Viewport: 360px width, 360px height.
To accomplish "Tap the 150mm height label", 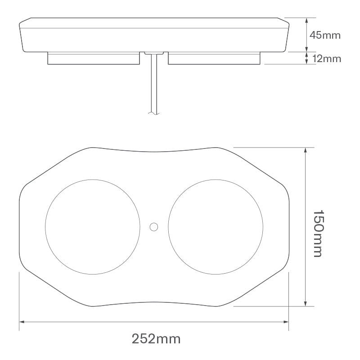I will [318, 233].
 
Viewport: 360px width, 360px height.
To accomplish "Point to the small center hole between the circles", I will [154, 226].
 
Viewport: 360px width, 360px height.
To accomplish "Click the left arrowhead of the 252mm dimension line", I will [22, 322].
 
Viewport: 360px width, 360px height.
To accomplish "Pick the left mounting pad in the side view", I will [93, 58].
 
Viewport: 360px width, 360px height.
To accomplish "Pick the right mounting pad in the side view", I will [214, 58].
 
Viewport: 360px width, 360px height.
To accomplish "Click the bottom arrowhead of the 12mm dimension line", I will [306, 62].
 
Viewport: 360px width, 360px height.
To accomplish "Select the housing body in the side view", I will [153, 35].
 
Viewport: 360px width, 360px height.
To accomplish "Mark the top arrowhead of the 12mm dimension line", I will [306, 54].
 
